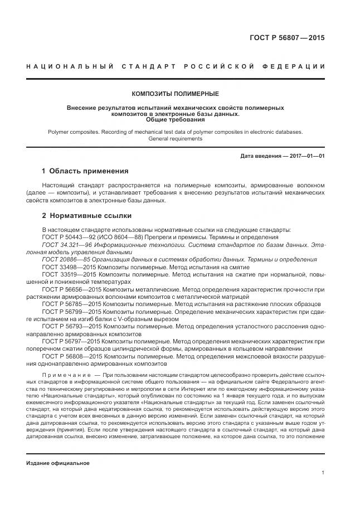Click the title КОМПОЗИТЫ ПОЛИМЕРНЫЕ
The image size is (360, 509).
tap(175, 94)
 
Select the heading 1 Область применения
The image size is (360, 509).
tap(85, 171)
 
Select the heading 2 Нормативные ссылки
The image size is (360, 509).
tap(86, 215)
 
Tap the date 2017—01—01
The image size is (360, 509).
tap(305, 156)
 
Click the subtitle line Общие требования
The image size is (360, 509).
tap(175, 119)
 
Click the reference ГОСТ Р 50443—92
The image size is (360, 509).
tap(65, 237)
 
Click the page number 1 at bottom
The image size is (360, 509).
tap(322, 472)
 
